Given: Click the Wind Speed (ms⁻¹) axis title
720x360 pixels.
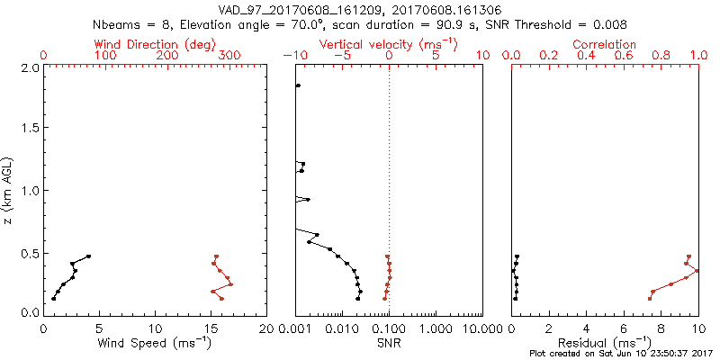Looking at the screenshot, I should pyautogui.click(x=155, y=342).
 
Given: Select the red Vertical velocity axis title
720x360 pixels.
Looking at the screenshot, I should pyautogui.click(x=388, y=44).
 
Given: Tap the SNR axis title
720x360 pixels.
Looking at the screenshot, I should pyautogui.click(x=389, y=342).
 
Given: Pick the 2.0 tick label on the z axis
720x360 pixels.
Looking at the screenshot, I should pyautogui.click(x=29, y=67).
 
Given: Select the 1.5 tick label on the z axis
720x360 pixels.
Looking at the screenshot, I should pyautogui.click(x=29, y=129).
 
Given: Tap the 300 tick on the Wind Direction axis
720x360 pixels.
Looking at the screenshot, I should pyautogui.click(x=229, y=56).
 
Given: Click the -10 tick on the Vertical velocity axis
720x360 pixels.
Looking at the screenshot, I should pyautogui.click(x=293, y=56).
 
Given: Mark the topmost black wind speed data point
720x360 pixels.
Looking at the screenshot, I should pyautogui.click(x=88, y=256).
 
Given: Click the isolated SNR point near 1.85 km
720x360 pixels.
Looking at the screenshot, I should pyautogui.click(x=298, y=85).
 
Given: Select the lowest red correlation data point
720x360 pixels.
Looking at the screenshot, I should pyautogui.click(x=650, y=298).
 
